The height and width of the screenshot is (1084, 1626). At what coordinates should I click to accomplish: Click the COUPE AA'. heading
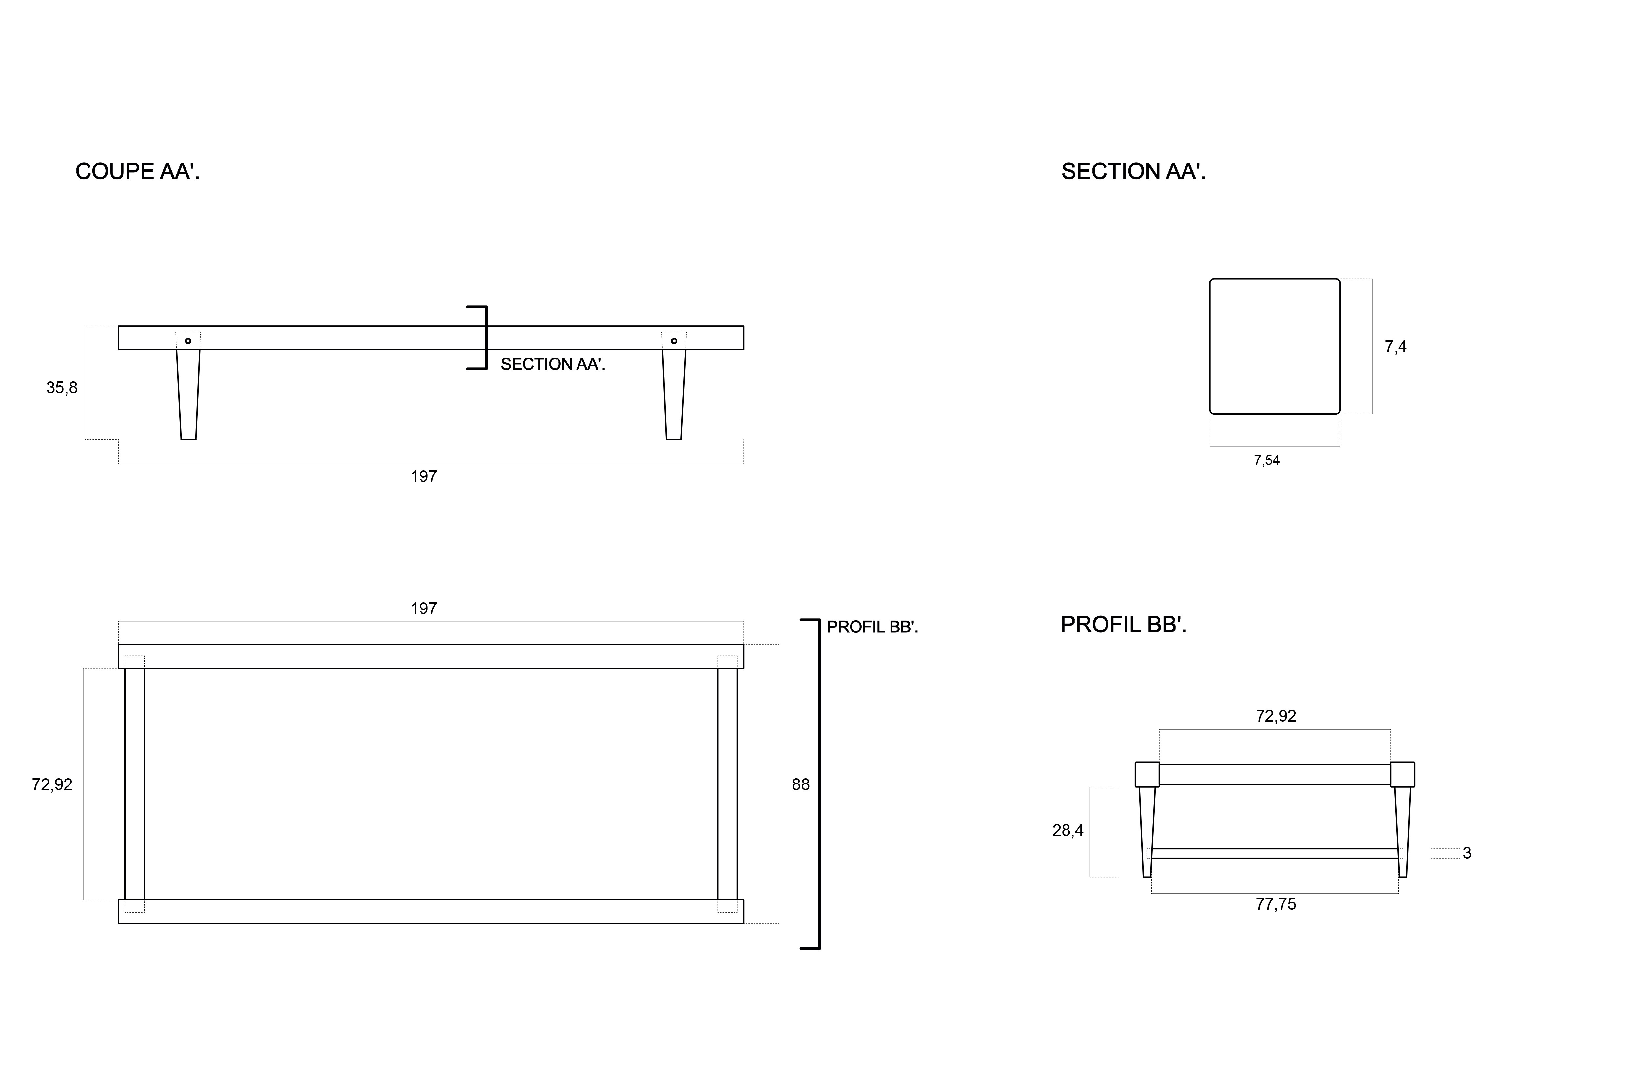click(137, 171)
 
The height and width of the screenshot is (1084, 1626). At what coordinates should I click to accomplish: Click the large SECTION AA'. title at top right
click(1133, 171)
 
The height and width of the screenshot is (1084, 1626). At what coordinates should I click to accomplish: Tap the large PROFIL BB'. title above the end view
click(1124, 625)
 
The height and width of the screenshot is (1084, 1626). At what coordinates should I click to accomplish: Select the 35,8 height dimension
click(62, 388)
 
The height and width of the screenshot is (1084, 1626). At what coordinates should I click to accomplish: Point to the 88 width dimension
click(801, 785)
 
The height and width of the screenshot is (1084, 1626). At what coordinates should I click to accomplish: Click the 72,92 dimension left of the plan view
click(52, 785)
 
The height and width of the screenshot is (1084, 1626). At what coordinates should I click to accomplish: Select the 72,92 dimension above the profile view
click(1276, 716)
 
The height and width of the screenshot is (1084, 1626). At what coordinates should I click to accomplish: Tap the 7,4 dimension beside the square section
click(1395, 347)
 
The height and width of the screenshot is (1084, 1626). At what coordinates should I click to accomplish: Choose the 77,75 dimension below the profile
click(1276, 904)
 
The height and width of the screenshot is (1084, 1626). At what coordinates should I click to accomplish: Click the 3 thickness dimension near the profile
click(1467, 853)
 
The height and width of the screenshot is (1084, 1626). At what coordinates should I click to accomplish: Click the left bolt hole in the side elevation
click(188, 341)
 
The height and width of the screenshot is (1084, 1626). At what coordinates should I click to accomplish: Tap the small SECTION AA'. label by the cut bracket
click(552, 364)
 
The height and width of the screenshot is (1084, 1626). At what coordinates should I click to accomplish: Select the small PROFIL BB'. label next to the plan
click(872, 627)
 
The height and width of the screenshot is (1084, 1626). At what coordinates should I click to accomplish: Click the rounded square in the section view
click(1274, 346)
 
